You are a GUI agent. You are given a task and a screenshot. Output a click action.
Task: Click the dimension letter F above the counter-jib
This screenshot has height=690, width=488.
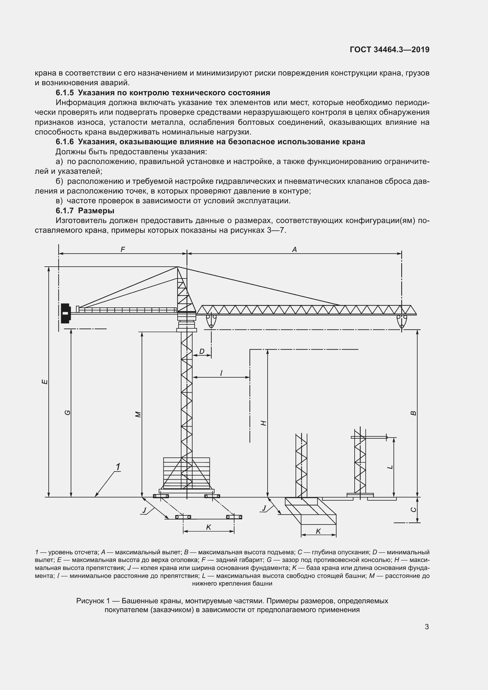click(123, 250)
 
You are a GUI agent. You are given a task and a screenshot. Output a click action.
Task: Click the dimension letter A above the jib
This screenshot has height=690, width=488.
click(294, 250)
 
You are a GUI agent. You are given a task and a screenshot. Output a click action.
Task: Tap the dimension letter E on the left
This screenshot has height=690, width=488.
click(45, 382)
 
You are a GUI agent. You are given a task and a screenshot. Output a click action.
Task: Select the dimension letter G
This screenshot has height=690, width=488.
click(68, 413)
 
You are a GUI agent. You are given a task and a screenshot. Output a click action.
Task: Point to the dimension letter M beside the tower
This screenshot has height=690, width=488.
click(138, 414)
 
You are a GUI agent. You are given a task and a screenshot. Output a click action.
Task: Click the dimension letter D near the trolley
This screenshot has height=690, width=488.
click(202, 351)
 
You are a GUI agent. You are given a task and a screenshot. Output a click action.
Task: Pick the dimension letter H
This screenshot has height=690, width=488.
click(263, 423)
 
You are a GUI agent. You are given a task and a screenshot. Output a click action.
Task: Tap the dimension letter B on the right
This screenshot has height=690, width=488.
click(413, 413)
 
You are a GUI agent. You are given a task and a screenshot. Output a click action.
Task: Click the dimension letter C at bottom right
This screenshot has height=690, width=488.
click(413, 509)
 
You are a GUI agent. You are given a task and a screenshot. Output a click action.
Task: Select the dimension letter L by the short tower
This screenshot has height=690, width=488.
click(390, 467)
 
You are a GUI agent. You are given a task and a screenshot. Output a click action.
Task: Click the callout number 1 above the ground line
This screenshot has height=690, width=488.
click(118, 467)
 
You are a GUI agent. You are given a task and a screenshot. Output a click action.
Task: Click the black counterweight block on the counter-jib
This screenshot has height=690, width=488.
click(65, 314)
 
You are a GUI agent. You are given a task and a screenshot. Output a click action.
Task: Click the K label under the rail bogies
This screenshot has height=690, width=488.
click(209, 527)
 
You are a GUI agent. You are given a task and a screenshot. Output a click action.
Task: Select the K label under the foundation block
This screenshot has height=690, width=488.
click(318, 531)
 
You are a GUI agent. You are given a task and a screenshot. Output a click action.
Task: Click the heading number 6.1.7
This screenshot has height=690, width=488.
click(65, 211)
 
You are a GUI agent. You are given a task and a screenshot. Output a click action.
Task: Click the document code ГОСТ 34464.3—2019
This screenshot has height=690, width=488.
click(389, 50)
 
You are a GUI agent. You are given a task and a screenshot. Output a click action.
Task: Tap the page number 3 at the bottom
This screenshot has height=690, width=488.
click(427, 627)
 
